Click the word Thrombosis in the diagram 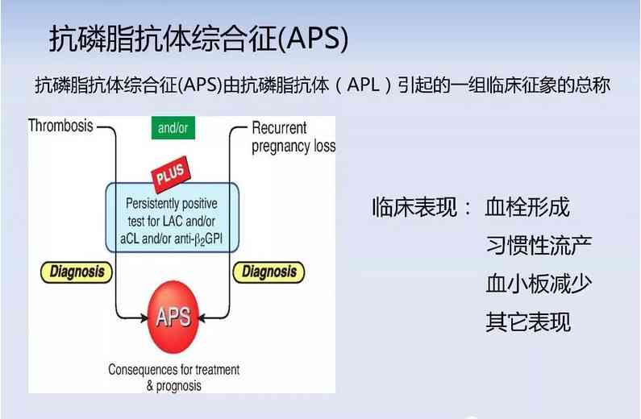[61, 127]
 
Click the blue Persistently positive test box [173, 217]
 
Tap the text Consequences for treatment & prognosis [173, 378]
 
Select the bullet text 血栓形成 [527, 207]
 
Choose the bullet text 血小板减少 [539, 284]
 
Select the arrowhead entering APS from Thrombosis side [141, 315]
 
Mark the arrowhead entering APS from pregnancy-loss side [205, 315]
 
